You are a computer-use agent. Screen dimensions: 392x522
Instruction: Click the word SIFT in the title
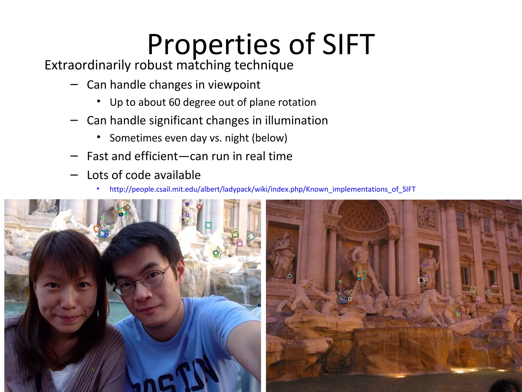coord(348,45)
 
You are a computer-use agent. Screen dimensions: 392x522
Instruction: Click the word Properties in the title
coord(214,45)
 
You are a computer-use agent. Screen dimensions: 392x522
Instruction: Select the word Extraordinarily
coord(87,65)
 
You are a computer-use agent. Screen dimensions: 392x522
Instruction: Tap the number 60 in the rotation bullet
coord(174,102)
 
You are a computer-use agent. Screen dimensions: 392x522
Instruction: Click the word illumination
coord(296,120)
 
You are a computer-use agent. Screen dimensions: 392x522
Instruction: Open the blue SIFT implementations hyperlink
coord(262,189)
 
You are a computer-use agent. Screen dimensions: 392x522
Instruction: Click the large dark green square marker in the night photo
coord(447,285)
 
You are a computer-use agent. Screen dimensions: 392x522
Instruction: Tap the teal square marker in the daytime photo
coord(208,225)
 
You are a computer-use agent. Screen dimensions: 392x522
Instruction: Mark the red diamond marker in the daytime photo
coord(199,207)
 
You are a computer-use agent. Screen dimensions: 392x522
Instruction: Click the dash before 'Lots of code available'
coord(74,175)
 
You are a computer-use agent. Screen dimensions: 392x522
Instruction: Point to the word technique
coord(264,65)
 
